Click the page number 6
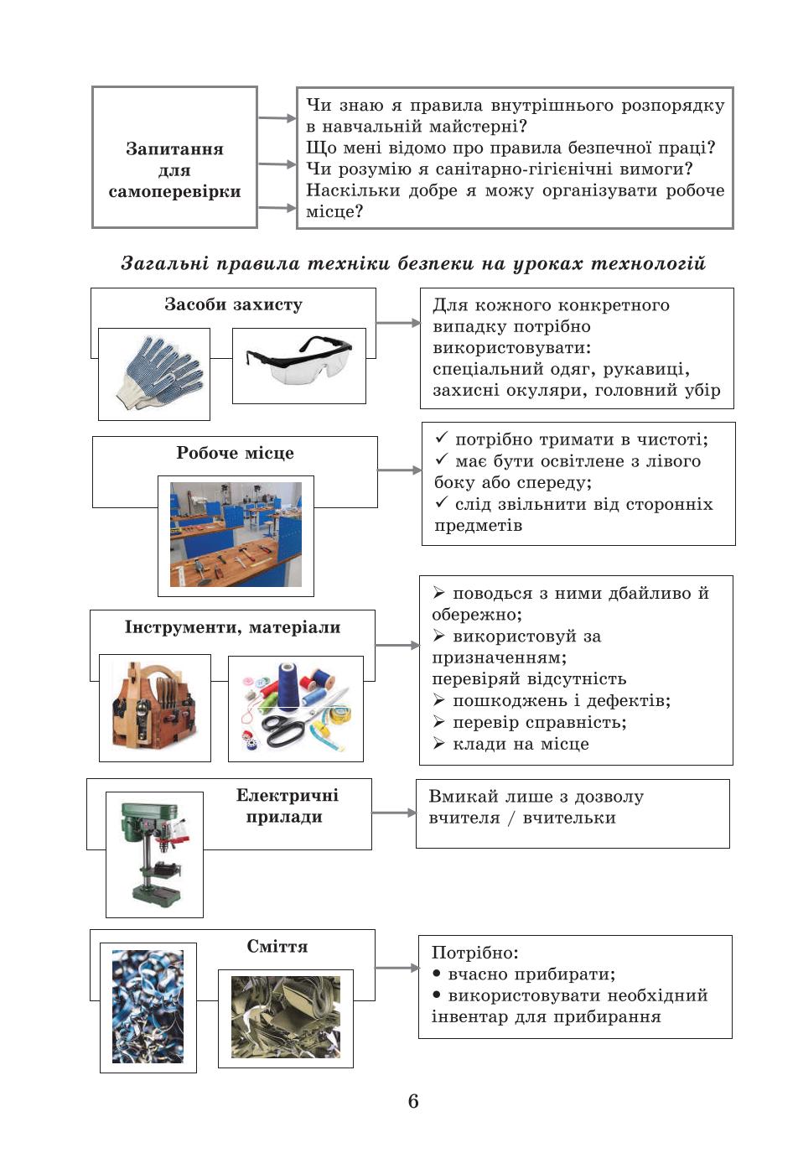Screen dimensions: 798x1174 [x=413, y=1101]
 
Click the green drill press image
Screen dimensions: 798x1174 [x=154, y=854]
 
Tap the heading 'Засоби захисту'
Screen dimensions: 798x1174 [x=233, y=304]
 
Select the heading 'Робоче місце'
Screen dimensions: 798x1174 [x=235, y=453]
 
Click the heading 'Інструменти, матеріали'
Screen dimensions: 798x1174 [x=232, y=627]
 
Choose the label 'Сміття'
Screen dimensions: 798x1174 [x=277, y=946]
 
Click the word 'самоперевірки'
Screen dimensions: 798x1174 [x=174, y=192]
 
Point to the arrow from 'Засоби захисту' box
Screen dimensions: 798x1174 [x=398, y=323]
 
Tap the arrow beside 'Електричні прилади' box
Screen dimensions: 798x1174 [x=393, y=813]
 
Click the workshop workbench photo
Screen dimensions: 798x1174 [x=236, y=534]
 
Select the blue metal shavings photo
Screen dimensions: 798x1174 [x=148, y=1006]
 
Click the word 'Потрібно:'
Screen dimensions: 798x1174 [x=474, y=953]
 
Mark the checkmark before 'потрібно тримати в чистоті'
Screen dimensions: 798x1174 [x=442, y=437]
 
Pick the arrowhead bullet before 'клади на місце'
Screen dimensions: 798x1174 [x=438, y=743]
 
